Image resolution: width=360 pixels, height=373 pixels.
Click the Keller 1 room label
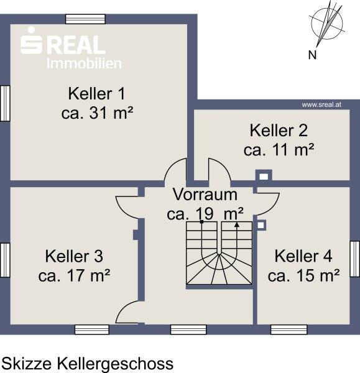tap(96, 94)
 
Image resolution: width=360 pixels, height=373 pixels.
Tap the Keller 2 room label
tap(279, 131)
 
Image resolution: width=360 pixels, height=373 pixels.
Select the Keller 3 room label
tap(74, 256)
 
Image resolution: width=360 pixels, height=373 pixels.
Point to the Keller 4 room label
tap(303, 256)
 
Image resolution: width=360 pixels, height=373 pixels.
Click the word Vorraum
tap(205, 195)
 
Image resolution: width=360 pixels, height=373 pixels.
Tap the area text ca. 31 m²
tap(97, 113)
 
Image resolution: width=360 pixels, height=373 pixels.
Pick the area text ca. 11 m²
tap(279, 150)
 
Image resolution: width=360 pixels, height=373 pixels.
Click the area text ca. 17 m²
tap(74, 275)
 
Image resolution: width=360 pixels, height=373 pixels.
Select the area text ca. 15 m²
tap(303, 275)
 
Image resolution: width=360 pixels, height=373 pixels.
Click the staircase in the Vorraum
tap(219, 253)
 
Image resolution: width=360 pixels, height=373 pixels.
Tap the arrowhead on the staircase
tap(237, 225)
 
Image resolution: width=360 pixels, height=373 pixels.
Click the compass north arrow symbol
tap(327, 24)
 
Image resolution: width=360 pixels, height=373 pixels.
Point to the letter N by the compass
tap(312, 55)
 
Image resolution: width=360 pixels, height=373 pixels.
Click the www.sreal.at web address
tap(321, 104)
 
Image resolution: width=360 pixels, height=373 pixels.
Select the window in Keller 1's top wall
tap(85, 19)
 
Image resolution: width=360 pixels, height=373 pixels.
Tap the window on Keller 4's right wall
tap(355, 259)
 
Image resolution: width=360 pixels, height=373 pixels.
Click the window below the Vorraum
tap(188, 329)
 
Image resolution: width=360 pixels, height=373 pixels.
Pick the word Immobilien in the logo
tap(84, 64)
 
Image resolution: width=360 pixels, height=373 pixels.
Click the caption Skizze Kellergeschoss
tap(88, 364)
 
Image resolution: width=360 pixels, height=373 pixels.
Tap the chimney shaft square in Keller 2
tap(264, 177)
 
